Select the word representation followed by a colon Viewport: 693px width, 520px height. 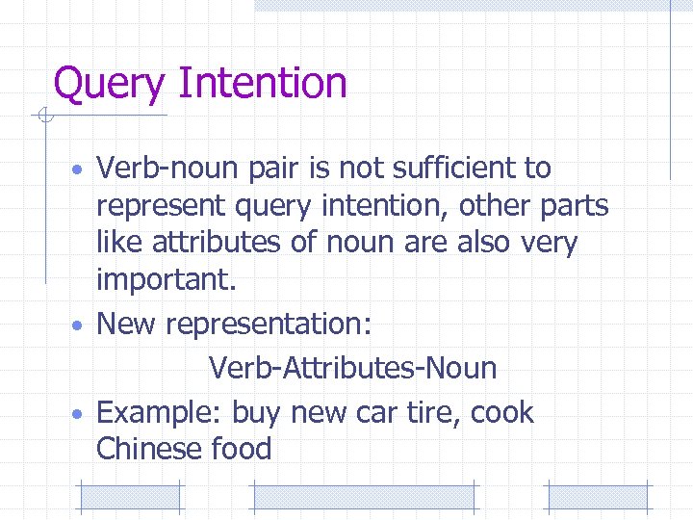click(269, 325)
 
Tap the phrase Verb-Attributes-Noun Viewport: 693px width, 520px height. click(352, 368)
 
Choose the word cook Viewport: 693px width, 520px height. click(501, 412)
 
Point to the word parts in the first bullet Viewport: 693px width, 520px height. click(569, 205)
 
